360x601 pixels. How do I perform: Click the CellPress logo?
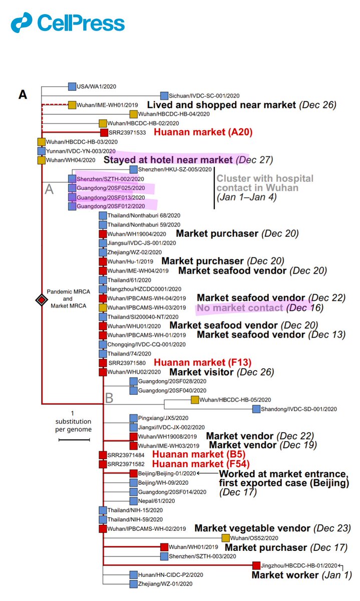(x=68, y=24)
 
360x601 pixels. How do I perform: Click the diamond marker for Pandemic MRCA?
(x=41, y=300)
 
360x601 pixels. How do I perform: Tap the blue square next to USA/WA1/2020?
(x=72, y=87)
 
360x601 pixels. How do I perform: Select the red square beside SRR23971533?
(x=104, y=132)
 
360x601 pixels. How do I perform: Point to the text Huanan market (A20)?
(x=202, y=132)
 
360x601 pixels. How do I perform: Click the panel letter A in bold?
(x=23, y=94)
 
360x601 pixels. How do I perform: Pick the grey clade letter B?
(x=110, y=398)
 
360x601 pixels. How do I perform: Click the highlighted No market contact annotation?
(x=240, y=308)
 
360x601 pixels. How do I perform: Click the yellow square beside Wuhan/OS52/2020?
(x=226, y=538)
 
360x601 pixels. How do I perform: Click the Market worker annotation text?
(x=285, y=575)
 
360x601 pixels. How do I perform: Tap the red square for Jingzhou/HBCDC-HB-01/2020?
(x=256, y=565)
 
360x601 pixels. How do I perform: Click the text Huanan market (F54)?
(x=201, y=464)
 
